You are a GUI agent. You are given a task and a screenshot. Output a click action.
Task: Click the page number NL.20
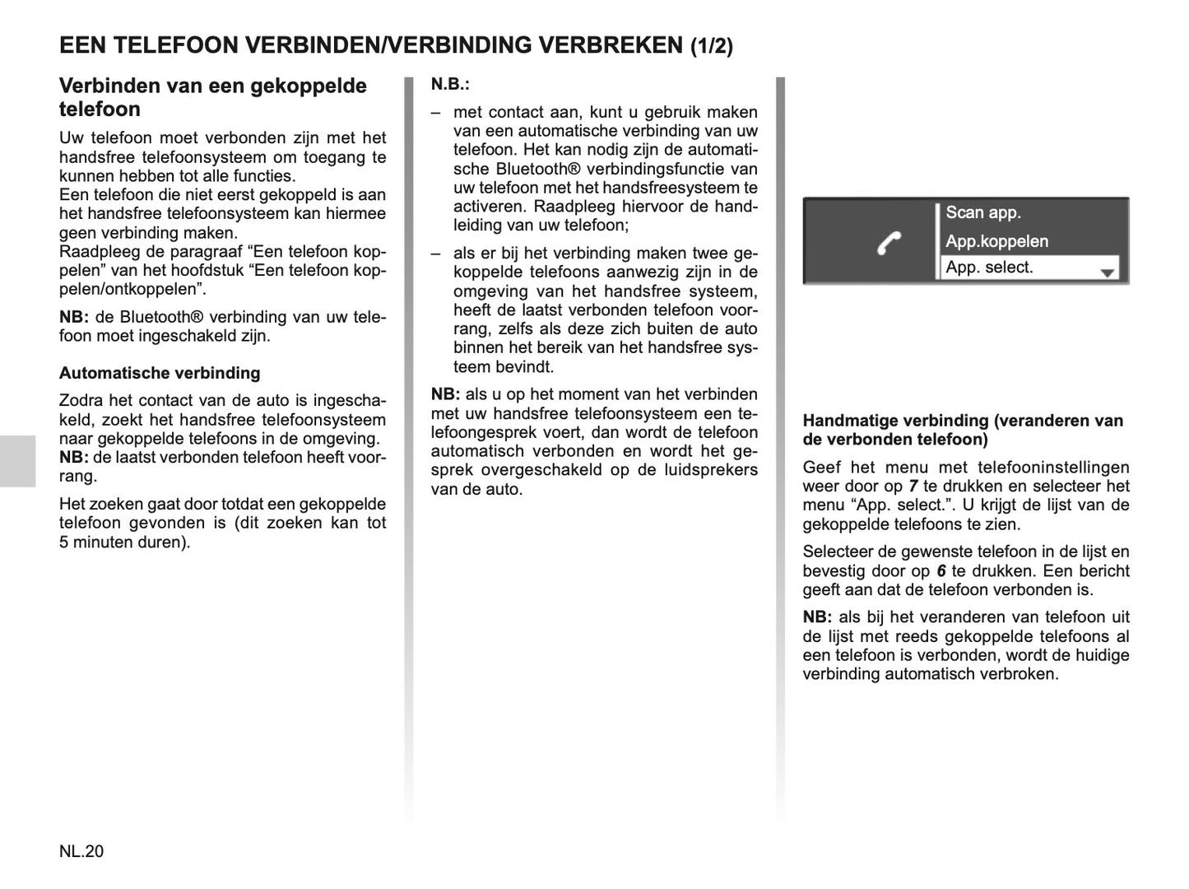[81, 851]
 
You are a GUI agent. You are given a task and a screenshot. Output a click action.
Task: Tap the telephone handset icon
[889, 243]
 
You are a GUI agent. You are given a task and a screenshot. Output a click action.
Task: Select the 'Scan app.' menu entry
[983, 212]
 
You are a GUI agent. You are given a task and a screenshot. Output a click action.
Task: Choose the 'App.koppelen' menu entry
[996, 241]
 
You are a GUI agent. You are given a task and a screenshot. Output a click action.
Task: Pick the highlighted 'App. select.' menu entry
[989, 268]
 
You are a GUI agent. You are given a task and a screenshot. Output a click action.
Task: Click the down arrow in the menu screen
[1108, 272]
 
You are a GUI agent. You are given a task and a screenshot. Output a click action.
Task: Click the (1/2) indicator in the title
[711, 46]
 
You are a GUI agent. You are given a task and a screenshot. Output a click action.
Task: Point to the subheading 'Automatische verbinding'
[160, 373]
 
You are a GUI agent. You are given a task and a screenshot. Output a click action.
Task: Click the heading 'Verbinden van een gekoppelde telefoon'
[212, 97]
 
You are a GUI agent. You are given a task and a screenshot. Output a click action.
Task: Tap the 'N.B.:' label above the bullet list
[450, 85]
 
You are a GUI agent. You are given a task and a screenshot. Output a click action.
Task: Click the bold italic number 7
[913, 486]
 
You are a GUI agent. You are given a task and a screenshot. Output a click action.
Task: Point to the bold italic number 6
[941, 571]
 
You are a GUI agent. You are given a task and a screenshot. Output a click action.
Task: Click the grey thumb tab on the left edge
[17, 461]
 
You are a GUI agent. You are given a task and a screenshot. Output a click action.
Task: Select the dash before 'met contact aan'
[435, 113]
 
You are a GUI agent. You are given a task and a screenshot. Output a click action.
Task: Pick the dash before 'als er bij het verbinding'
[435, 254]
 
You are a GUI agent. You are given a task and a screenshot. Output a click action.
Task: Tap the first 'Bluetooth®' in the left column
[159, 317]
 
